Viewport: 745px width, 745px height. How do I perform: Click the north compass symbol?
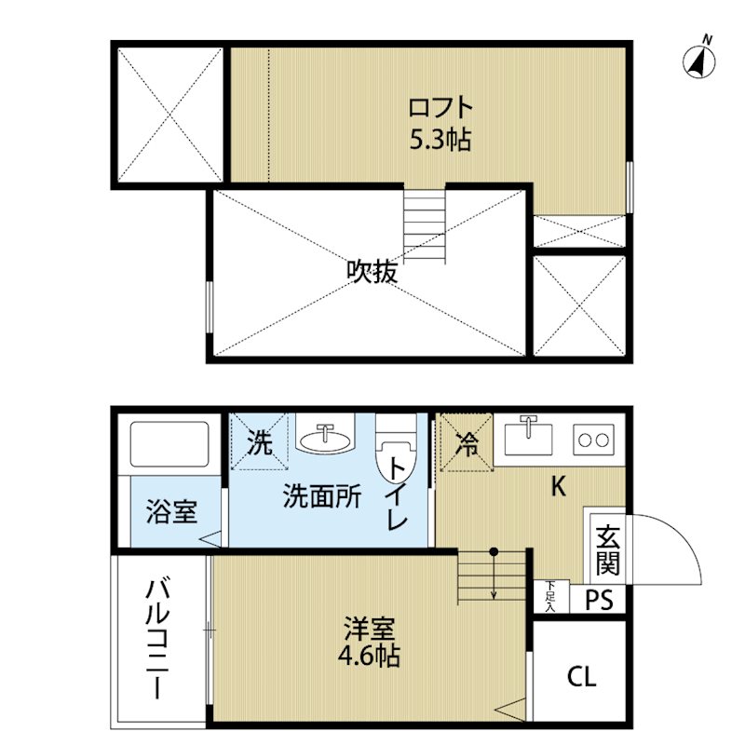click(699, 61)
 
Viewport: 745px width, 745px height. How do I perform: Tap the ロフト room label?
click(440, 108)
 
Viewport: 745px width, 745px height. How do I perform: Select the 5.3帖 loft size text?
click(440, 140)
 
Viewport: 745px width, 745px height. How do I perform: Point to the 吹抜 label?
click(372, 272)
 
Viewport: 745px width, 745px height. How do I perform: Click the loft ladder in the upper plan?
click(425, 223)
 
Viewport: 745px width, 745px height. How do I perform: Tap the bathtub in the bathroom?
click(169, 444)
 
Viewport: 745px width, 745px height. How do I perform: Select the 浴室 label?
click(171, 511)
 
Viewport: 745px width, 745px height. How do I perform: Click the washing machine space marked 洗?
click(260, 441)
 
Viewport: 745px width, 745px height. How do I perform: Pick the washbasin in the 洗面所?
click(325, 435)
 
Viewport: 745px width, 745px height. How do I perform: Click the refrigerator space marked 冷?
click(467, 442)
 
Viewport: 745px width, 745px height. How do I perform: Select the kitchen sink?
click(528, 437)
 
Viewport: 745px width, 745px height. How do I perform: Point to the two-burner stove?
click(593, 440)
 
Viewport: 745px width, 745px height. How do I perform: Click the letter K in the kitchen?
click(559, 486)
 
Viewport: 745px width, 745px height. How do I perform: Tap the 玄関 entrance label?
click(608, 549)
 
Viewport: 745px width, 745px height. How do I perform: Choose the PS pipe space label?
click(599, 599)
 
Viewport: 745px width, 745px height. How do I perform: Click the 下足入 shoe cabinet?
click(551, 596)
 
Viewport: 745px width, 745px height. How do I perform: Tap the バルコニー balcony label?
click(157, 639)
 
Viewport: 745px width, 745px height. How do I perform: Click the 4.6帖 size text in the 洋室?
click(369, 657)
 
